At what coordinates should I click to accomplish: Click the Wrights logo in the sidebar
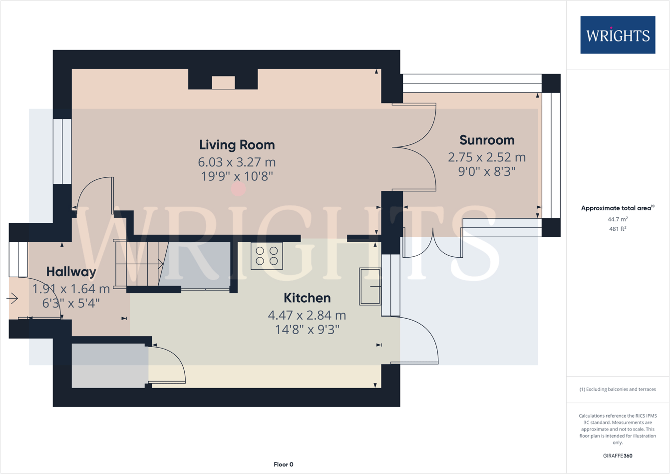pos(618,35)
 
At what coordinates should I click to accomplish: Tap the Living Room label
pos(237,145)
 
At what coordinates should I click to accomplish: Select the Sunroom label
pos(486,140)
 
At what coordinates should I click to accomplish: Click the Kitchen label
pos(307,298)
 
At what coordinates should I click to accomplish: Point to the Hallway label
pos(71,272)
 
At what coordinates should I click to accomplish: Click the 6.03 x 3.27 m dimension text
pos(237,162)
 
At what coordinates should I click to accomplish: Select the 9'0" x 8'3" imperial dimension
pos(486,171)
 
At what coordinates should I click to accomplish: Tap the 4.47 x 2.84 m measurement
pos(307,315)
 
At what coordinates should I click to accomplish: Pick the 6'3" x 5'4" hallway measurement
pos(71,303)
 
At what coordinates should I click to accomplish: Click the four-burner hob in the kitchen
pos(267,256)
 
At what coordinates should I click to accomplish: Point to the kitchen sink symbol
pos(370,286)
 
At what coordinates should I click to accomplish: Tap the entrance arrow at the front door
pos(12,299)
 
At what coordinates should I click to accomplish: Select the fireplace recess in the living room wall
pos(223,82)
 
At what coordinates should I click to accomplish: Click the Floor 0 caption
pos(283,465)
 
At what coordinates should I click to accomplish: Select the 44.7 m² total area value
pos(618,219)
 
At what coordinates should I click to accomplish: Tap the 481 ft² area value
pos(618,229)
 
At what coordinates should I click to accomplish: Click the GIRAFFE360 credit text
pos(618,456)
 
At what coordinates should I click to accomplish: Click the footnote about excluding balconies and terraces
pos(618,389)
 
